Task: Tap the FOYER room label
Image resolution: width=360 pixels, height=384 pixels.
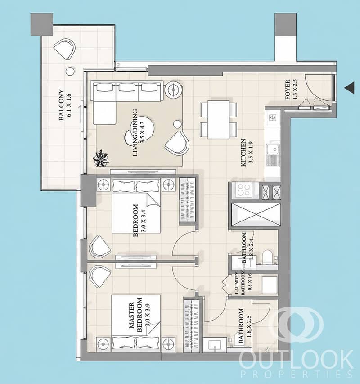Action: pyautogui.click(x=288, y=90)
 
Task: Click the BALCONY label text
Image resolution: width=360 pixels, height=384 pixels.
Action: pyautogui.click(x=61, y=105)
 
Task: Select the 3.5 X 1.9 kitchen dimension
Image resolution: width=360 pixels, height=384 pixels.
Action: pyautogui.click(x=251, y=153)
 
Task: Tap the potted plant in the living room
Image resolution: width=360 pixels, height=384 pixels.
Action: pyautogui.click(x=101, y=159)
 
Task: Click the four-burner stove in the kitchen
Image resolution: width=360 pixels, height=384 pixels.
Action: pyautogui.click(x=244, y=190)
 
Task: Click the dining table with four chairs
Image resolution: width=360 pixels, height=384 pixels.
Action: pyautogui.click(x=219, y=119)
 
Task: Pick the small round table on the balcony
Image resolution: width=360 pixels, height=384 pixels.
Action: pyautogui.click(x=70, y=72)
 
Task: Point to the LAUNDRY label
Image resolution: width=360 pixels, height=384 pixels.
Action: pyautogui.click(x=237, y=283)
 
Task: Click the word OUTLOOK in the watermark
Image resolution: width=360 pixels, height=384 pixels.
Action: pyautogui.click(x=296, y=360)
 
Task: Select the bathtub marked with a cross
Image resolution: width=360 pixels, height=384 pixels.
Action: pyautogui.click(x=256, y=215)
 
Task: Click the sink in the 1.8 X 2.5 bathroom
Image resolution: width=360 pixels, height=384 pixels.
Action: pyautogui.click(x=215, y=345)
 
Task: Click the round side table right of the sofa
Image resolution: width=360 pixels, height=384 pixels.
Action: pyautogui.click(x=174, y=90)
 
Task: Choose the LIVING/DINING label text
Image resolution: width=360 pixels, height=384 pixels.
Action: pyautogui.click(x=135, y=133)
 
